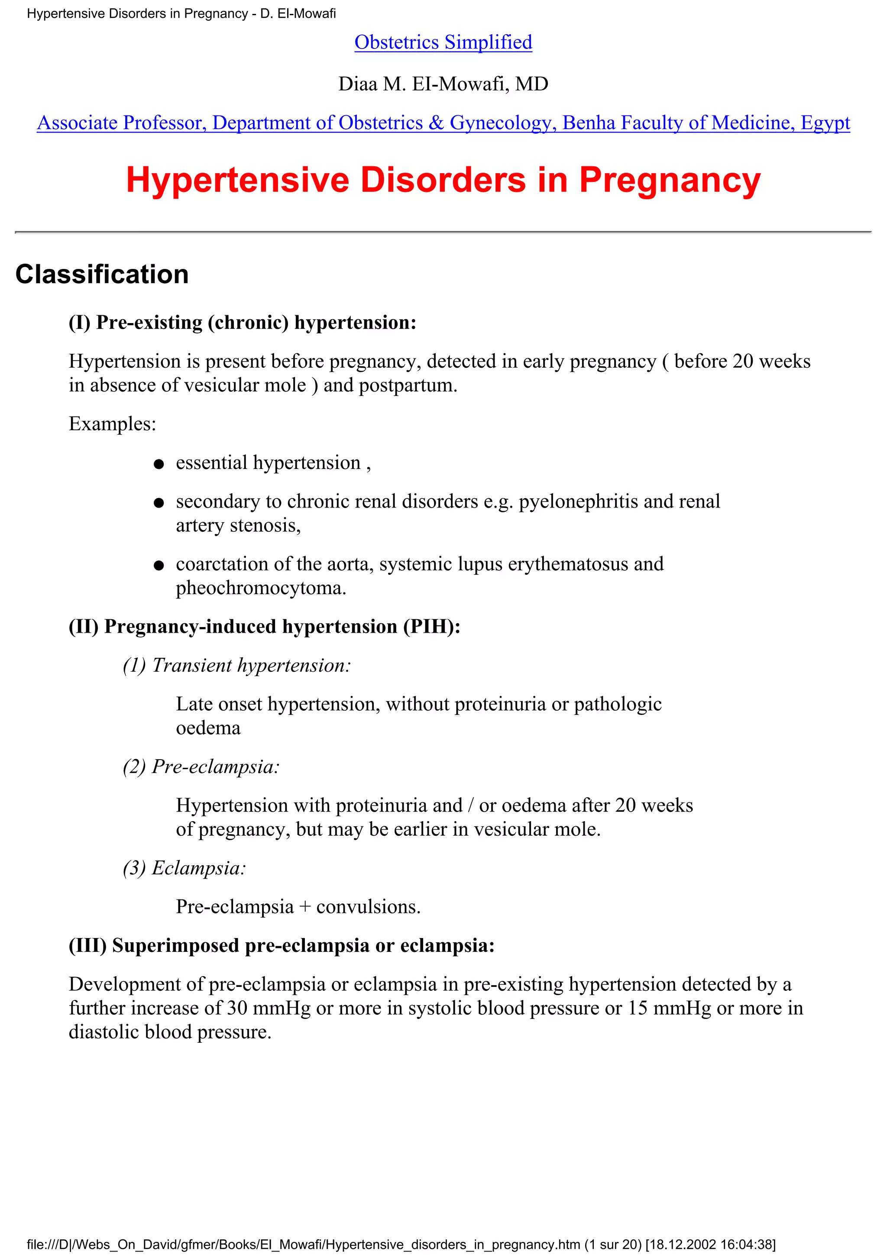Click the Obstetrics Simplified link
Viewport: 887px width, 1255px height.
pos(443,42)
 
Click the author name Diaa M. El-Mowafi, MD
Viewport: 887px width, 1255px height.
pos(443,84)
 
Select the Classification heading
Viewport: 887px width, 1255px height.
pos(102,275)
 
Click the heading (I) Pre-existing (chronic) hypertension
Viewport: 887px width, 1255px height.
pos(242,323)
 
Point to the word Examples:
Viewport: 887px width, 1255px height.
pos(112,424)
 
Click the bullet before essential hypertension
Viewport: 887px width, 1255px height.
pos(159,465)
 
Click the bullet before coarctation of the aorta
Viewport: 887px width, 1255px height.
pos(159,566)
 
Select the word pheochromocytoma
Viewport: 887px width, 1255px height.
pos(260,588)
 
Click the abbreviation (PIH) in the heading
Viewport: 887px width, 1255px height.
pos(431,626)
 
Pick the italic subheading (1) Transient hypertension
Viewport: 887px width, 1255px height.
pos(236,665)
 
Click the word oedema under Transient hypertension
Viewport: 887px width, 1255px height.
pos(208,728)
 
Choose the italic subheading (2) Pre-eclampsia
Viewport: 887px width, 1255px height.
pos(201,767)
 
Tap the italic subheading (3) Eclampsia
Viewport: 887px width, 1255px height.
pos(184,868)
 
